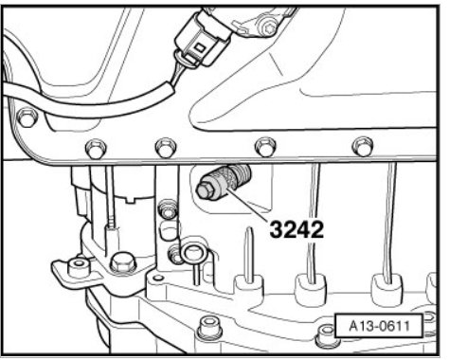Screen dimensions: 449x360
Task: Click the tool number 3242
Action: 296,229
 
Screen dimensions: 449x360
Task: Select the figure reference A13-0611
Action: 379,326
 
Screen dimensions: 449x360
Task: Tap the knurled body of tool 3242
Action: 232,177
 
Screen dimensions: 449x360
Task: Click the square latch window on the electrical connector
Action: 200,48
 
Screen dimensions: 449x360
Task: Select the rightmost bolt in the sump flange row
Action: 363,146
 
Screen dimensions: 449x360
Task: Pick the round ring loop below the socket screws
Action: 192,253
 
